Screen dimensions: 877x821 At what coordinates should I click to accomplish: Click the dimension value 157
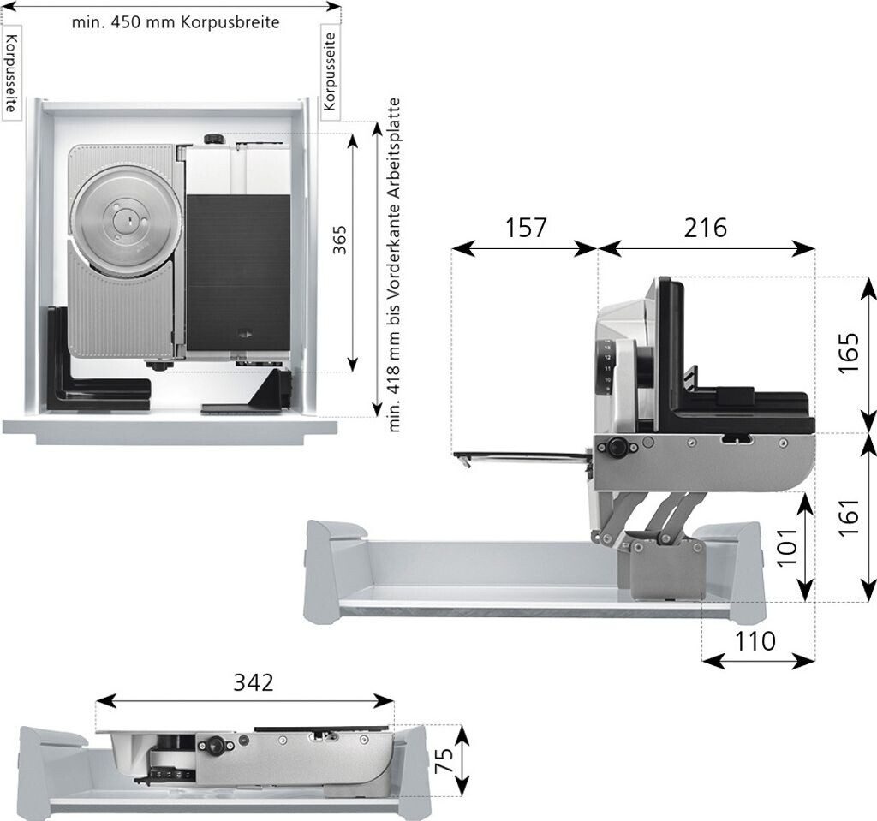point(525,228)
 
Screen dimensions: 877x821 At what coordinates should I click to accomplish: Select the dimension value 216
point(705,228)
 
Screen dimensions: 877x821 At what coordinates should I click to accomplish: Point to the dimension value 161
point(848,517)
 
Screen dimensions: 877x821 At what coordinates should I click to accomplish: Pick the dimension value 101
point(788,546)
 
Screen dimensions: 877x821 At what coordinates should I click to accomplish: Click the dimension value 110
point(755,641)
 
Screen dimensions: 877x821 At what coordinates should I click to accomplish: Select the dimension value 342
point(254,682)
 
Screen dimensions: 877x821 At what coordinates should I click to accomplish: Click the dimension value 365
point(339,240)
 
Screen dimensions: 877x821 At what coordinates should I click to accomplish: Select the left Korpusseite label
point(12,72)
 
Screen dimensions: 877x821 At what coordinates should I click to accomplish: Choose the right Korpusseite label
point(330,71)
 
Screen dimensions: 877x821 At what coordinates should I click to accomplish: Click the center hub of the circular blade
point(128,220)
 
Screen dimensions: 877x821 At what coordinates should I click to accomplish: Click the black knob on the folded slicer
point(213,745)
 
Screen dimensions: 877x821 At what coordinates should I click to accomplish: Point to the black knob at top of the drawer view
point(213,139)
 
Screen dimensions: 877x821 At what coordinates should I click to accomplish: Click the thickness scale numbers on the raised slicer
point(607,366)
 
